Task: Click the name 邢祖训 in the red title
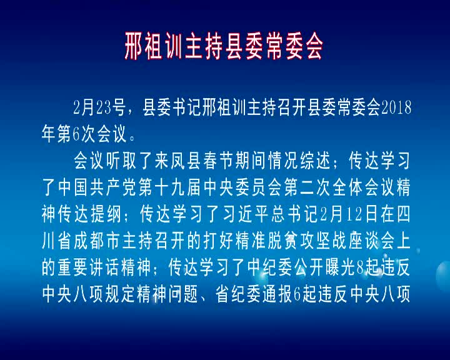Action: [x=154, y=46]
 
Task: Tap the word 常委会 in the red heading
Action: [x=294, y=46]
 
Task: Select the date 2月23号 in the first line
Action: [x=99, y=107]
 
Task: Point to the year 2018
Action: [x=396, y=107]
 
